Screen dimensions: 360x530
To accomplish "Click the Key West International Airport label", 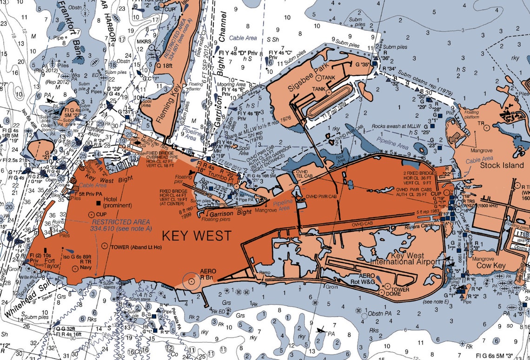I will pyautogui.click(x=415, y=259).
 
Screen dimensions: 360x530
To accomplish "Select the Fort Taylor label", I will pyautogui.click(x=52, y=264).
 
